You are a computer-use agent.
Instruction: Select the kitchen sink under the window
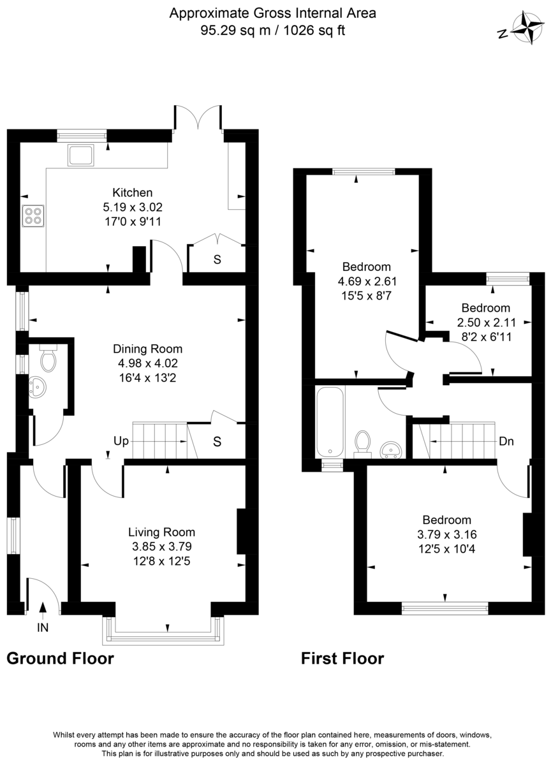pyautogui.click(x=82, y=155)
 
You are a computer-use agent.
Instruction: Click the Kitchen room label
pyautogui.click(x=133, y=193)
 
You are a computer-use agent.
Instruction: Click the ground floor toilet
pyautogui.click(x=48, y=358)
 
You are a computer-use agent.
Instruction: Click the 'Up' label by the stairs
pyautogui.click(x=121, y=441)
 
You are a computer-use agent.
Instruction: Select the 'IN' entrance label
pyautogui.click(x=43, y=627)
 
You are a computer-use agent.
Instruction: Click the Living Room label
pyautogui.click(x=161, y=532)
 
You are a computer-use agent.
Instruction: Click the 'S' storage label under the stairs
pyautogui.click(x=217, y=442)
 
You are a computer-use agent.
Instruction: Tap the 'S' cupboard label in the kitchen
pyautogui.click(x=217, y=260)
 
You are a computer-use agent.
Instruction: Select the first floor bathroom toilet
pyautogui.click(x=363, y=442)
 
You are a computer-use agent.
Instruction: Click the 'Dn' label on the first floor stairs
pyautogui.click(x=507, y=441)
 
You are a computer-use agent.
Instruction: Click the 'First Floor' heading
pyautogui.click(x=342, y=658)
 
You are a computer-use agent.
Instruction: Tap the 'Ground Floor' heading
pyautogui.click(x=60, y=658)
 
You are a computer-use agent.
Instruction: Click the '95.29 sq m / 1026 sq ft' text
pyautogui.click(x=272, y=30)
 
